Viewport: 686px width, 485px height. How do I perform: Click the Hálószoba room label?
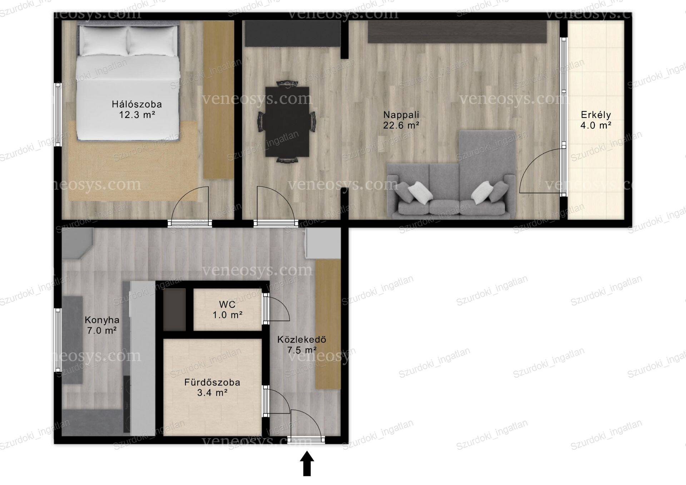137,104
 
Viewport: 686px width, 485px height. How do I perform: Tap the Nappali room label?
401,115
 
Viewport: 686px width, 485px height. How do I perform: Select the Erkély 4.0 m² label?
596,120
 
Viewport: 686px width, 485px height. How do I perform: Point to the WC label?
227,305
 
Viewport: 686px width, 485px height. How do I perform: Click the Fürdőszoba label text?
212,382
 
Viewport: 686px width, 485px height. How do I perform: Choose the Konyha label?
102,320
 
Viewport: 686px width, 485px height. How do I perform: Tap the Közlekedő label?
302,340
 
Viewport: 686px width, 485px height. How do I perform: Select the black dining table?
287,122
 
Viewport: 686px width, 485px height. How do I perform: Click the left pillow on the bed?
103,40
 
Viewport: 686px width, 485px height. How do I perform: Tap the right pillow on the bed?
153,40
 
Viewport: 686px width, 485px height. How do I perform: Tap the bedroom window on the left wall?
58,115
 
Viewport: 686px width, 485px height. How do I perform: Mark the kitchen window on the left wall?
58,340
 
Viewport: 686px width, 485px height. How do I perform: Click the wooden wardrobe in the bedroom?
218,100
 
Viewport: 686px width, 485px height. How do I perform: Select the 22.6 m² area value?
401,125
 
